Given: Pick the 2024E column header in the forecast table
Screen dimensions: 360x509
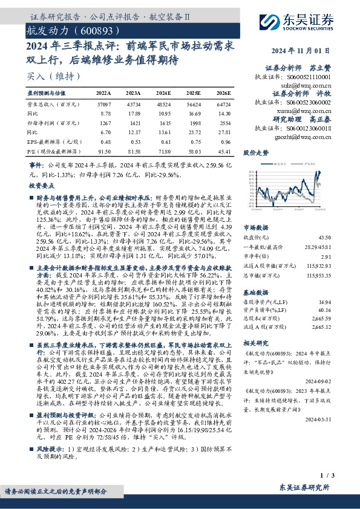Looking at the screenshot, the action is click(x=163, y=94).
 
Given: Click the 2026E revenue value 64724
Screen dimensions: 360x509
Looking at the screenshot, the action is click(x=224, y=105).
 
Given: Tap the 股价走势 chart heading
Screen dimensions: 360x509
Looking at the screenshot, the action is click(x=256, y=154).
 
